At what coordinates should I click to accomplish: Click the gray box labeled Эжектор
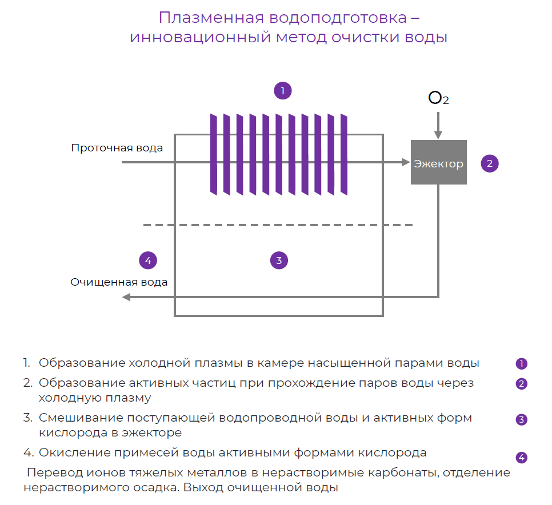click(438, 163)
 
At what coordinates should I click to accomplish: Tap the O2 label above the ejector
click(438, 99)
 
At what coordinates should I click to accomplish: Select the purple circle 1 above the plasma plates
click(282, 90)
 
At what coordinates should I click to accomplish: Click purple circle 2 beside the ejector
click(490, 163)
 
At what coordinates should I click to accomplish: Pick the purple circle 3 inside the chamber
click(279, 260)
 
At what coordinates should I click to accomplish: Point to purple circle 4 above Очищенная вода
click(148, 260)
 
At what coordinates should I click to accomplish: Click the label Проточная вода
click(117, 148)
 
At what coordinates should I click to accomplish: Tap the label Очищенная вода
click(119, 282)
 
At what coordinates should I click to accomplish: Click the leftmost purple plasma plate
click(214, 153)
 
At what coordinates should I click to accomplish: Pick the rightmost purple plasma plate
click(344, 153)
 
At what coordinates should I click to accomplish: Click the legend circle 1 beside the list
click(521, 363)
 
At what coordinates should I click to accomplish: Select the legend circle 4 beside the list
click(521, 457)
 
